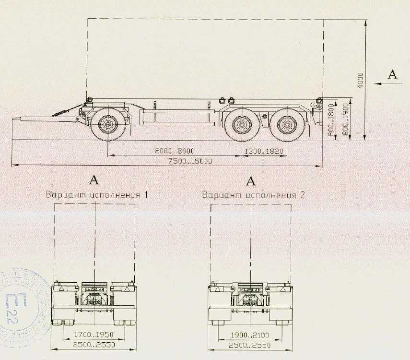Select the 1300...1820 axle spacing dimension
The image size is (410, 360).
coord(264,151)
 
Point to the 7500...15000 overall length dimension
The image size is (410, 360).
coord(190,161)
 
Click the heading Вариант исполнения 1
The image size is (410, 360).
coord(96,195)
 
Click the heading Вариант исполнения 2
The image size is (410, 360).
coord(253,195)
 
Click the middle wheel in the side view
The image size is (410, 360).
coord(242,126)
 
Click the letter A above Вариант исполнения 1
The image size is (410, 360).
coord(94,180)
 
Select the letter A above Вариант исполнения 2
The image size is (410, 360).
coord(250,180)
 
